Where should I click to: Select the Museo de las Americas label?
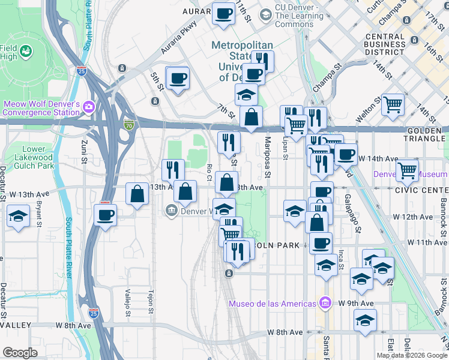pos(271,303)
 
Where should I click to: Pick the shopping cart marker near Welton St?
pos(393,104)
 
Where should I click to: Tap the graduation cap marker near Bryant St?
pos(19,215)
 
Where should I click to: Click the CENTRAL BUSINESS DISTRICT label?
pos(393,44)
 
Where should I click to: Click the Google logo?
pos(20,352)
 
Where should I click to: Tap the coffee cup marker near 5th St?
pos(178,78)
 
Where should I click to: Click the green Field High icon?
pos(25,52)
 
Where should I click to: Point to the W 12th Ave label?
pos(412,217)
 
